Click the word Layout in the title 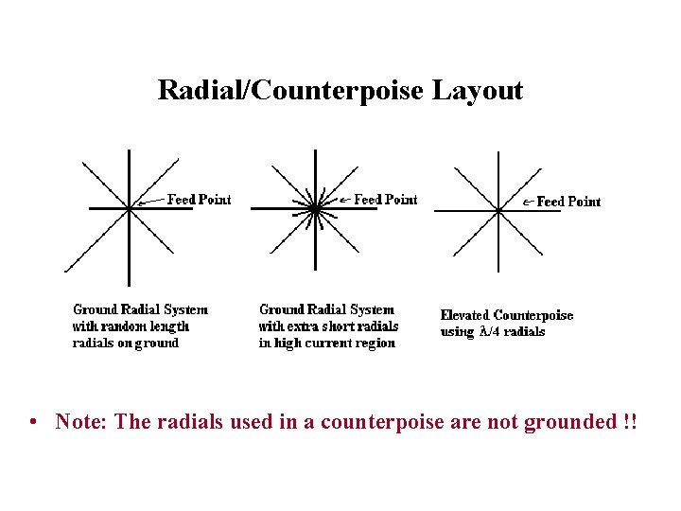pos(477,91)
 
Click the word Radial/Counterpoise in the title pos(291,91)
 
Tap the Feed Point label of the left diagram pos(199,200)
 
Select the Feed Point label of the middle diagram pos(385,200)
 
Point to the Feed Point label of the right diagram pos(568,202)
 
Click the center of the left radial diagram pos(129,207)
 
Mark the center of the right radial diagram pos(498,209)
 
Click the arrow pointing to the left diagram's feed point pos(150,202)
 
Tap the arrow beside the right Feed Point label pos(529,202)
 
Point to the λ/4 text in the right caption pos(491,332)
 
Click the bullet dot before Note pos(33,423)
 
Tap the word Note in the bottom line pos(79,422)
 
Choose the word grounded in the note pos(570,422)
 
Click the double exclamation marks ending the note pos(631,422)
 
